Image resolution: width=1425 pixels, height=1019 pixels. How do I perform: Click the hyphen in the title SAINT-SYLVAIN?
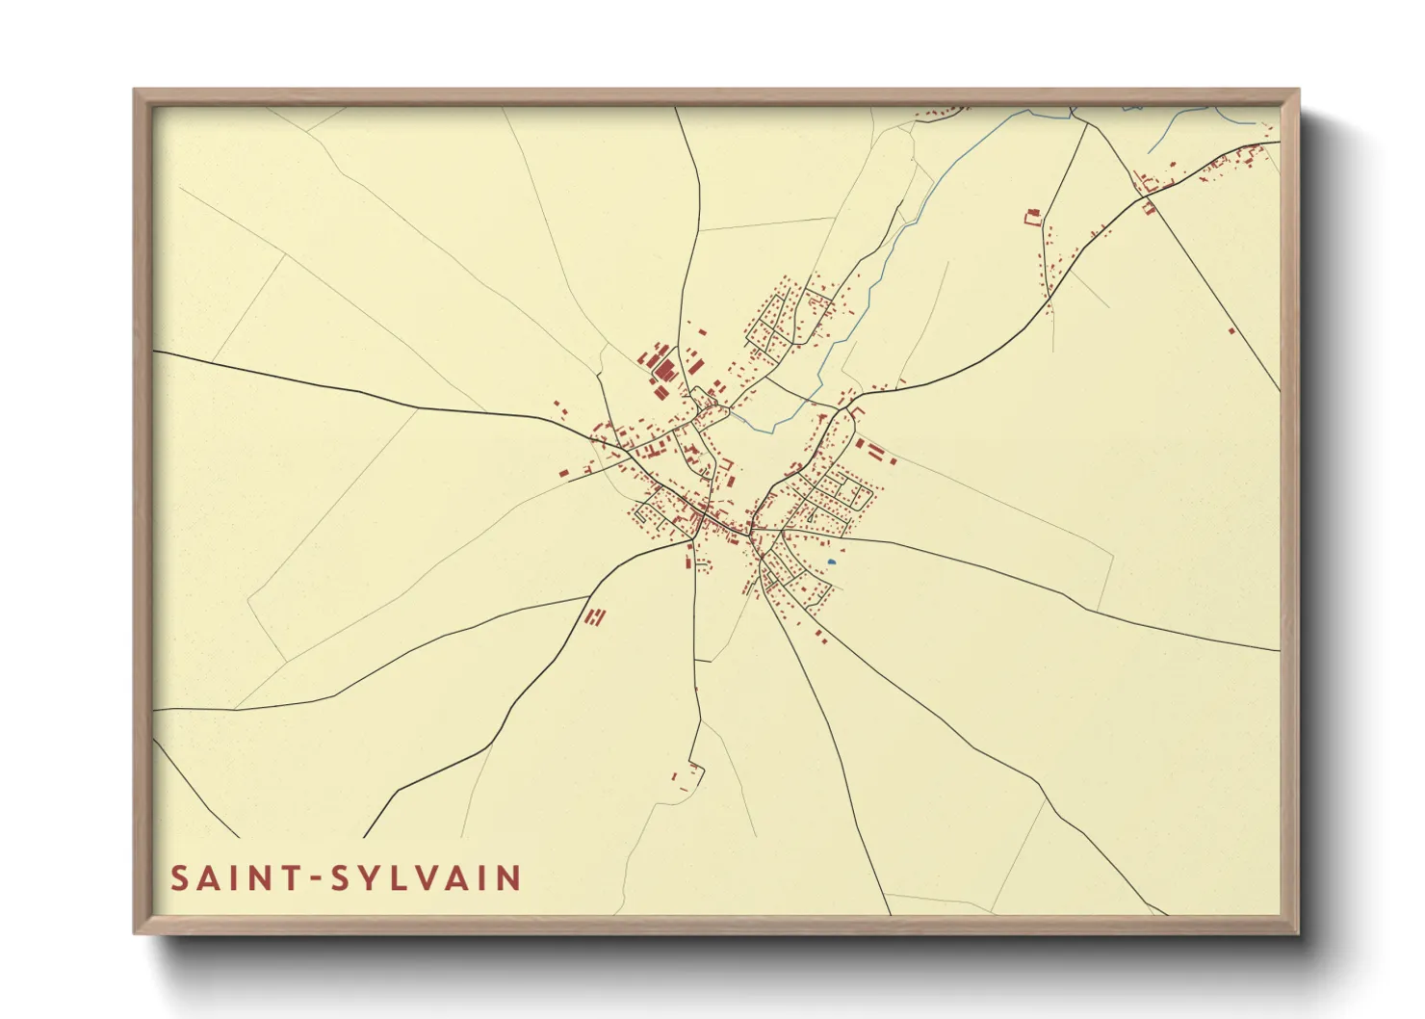click(x=314, y=879)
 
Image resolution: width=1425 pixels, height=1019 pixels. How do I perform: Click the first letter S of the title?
click(x=179, y=878)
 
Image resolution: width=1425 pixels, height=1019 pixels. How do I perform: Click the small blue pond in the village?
click(x=831, y=562)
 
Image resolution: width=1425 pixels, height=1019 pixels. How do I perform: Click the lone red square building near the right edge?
click(x=1231, y=331)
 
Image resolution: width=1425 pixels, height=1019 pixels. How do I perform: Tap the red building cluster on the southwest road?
click(x=596, y=617)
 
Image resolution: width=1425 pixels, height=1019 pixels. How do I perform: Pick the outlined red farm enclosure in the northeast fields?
click(x=1032, y=217)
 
